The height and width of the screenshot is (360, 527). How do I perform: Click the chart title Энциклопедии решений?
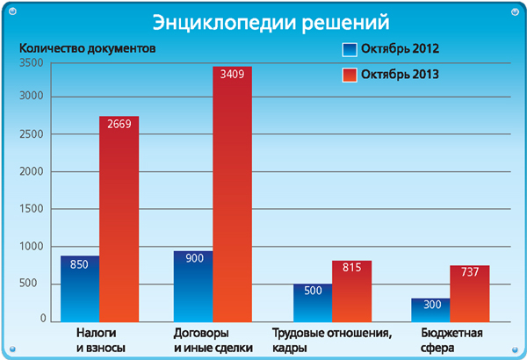click(x=264, y=22)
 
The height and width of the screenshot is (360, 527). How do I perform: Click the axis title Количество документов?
click(x=87, y=49)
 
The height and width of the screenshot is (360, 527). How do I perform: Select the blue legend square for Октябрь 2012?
click(x=349, y=49)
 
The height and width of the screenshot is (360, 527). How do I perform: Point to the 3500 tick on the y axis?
click(x=32, y=62)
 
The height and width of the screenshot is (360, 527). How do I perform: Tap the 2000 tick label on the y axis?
click(x=32, y=173)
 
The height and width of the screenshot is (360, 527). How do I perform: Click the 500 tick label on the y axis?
click(x=36, y=284)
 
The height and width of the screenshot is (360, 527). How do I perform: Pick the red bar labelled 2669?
click(x=119, y=220)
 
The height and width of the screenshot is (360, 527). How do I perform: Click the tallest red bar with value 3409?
click(x=232, y=193)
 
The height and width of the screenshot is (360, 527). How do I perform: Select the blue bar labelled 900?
click(x=193, y=286)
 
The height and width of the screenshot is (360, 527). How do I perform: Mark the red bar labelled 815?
click(x=351, y=291)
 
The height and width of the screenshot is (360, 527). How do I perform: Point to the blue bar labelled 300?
click(x=430, y=309)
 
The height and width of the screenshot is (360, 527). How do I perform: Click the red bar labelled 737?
click(x=469, y=293)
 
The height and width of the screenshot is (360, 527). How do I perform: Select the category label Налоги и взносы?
click(x=97, y=341)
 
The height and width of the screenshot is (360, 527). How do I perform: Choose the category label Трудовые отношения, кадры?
click(x=330, y=341)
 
